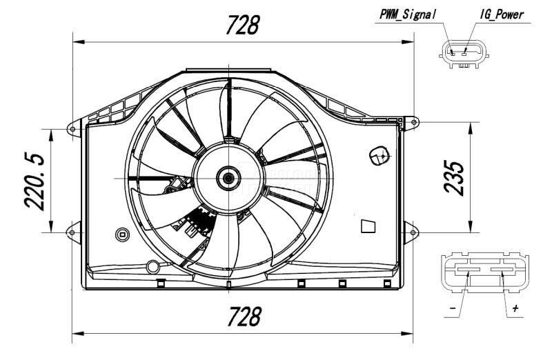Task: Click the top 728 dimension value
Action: tap(243, 25)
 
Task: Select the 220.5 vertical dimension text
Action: tap(35, 181)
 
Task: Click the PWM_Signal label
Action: tap(408, 14)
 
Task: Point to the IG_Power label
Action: tap(502, 14)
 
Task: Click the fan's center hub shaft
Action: tap(227, 178)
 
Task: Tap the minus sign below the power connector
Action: tap(451, 308)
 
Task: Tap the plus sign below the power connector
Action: tap(514, 308)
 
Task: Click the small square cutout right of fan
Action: tap(368, 226)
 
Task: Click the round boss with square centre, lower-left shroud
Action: tap(122, 234)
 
